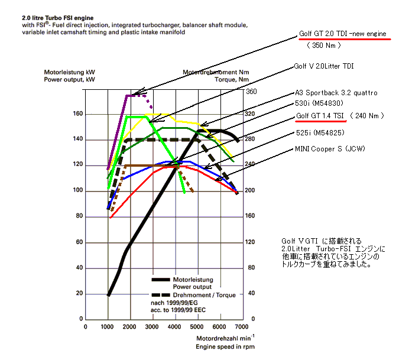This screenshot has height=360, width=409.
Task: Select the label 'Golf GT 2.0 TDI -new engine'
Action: pyautogui.click(x=342, y=35)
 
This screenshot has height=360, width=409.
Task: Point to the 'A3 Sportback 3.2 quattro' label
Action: pyautogui.click(x=336, y=93)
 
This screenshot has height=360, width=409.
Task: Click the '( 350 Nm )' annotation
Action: pyautogui.click(x=323, y=45)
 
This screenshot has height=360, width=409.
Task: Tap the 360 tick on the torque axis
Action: pyautogui.click(x=251, y=92)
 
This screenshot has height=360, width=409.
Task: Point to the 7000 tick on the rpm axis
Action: pyautogui.click(x=241, y=326)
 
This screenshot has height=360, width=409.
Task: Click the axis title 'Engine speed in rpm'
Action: pyautogui.click(x=226, y=347)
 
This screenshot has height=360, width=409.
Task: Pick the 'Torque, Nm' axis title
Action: pyautogui.click(x=232, y=79)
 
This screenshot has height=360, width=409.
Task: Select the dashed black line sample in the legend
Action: pyautogui.click(x=161, y=294)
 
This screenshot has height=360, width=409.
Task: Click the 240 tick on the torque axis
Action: pyautogui.click(x=251, y=164)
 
